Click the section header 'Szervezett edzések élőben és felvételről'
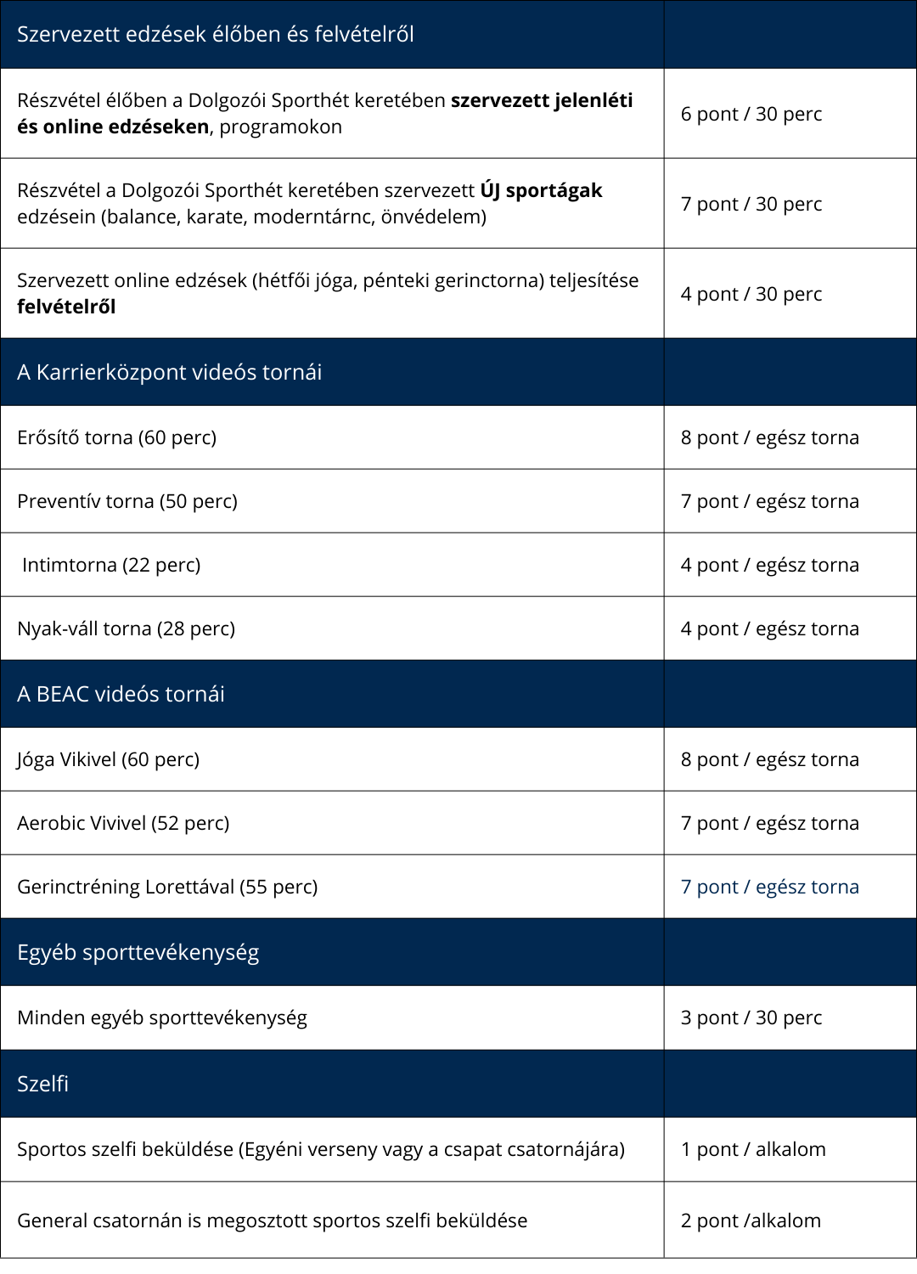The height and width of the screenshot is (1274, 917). click(x=216, y=35)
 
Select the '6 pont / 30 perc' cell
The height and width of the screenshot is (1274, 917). click(x=751, y=114)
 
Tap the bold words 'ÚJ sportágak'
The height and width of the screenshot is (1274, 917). click(x=541, y=190)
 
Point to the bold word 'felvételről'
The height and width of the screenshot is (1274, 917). click(x=66, y=307)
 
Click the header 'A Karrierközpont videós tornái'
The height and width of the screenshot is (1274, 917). click(x=170, y=372)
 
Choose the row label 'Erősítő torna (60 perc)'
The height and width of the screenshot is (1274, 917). click(x=117, y=437)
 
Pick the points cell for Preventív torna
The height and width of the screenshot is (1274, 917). click(x=769, y=501)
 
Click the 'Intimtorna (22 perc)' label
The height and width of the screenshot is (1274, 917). click(x=111, y=565)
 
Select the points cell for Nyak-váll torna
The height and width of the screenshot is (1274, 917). click(x=769, y=629)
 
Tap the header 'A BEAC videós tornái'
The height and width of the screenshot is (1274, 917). click(x=121, y=694)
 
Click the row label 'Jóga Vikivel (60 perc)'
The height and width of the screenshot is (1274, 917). click(x=109, y=759)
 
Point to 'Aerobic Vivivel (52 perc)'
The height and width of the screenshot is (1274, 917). click(x=123, y=823)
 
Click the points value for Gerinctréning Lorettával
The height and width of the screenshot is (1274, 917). click(x=769, y=887)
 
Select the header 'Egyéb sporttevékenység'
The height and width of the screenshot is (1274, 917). click(x=138, y=952)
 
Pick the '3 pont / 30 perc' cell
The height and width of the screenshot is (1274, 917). click(x=751, y=1018)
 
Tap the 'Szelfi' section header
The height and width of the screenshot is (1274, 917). click(x=42, y=1084)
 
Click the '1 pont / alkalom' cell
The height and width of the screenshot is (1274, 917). click(x=753, y=1149)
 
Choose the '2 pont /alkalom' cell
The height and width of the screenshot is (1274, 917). click(x=751, y=1220)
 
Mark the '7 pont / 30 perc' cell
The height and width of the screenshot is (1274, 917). click(x=751, y=204)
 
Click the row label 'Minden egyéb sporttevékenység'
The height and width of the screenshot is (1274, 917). click(x=162, y=1018)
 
